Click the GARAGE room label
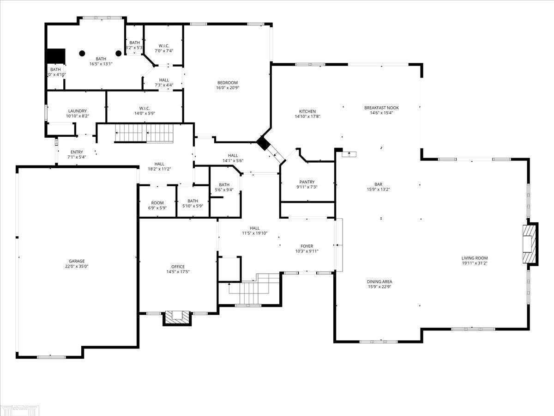point(77,261)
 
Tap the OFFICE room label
point(178,267)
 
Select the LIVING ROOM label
point(475,258)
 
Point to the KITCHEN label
point(307,111)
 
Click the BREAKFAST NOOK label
point(381,108)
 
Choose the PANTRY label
point(307,182)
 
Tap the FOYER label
point(307,246)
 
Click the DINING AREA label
point(379,281)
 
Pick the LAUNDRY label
point(77,111)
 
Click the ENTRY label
point(77,152)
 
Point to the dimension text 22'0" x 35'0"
point(77,266)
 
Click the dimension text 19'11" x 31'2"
point(475,263)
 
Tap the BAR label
point(379,184)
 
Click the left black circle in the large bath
point(82,53)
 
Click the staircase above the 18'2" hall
point(144,133)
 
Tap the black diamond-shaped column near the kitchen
point(263,143)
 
